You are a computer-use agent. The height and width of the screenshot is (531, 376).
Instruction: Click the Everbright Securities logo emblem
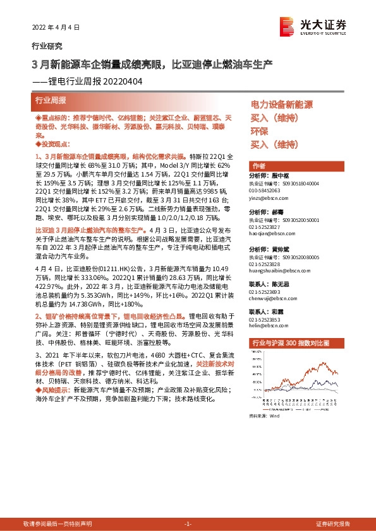pyautogui.click(x=288, y=25)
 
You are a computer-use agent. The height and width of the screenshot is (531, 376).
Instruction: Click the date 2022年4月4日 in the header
pyautogui.click(x=56, y=28)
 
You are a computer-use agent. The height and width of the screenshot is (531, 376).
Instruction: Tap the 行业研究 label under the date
pyautogui.click(x=47, y=46)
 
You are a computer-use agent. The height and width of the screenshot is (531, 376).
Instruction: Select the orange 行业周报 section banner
pyautogui.click(x=50, y=101)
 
